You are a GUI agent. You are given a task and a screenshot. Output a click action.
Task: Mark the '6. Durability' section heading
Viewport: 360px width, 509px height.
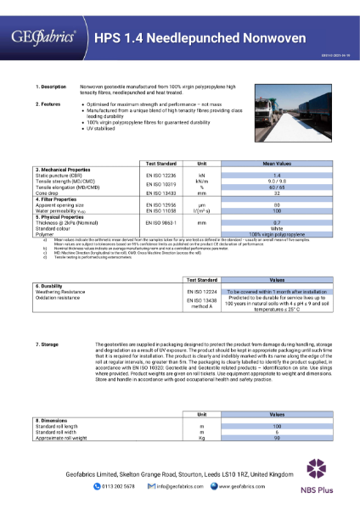[x=53, y=286]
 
